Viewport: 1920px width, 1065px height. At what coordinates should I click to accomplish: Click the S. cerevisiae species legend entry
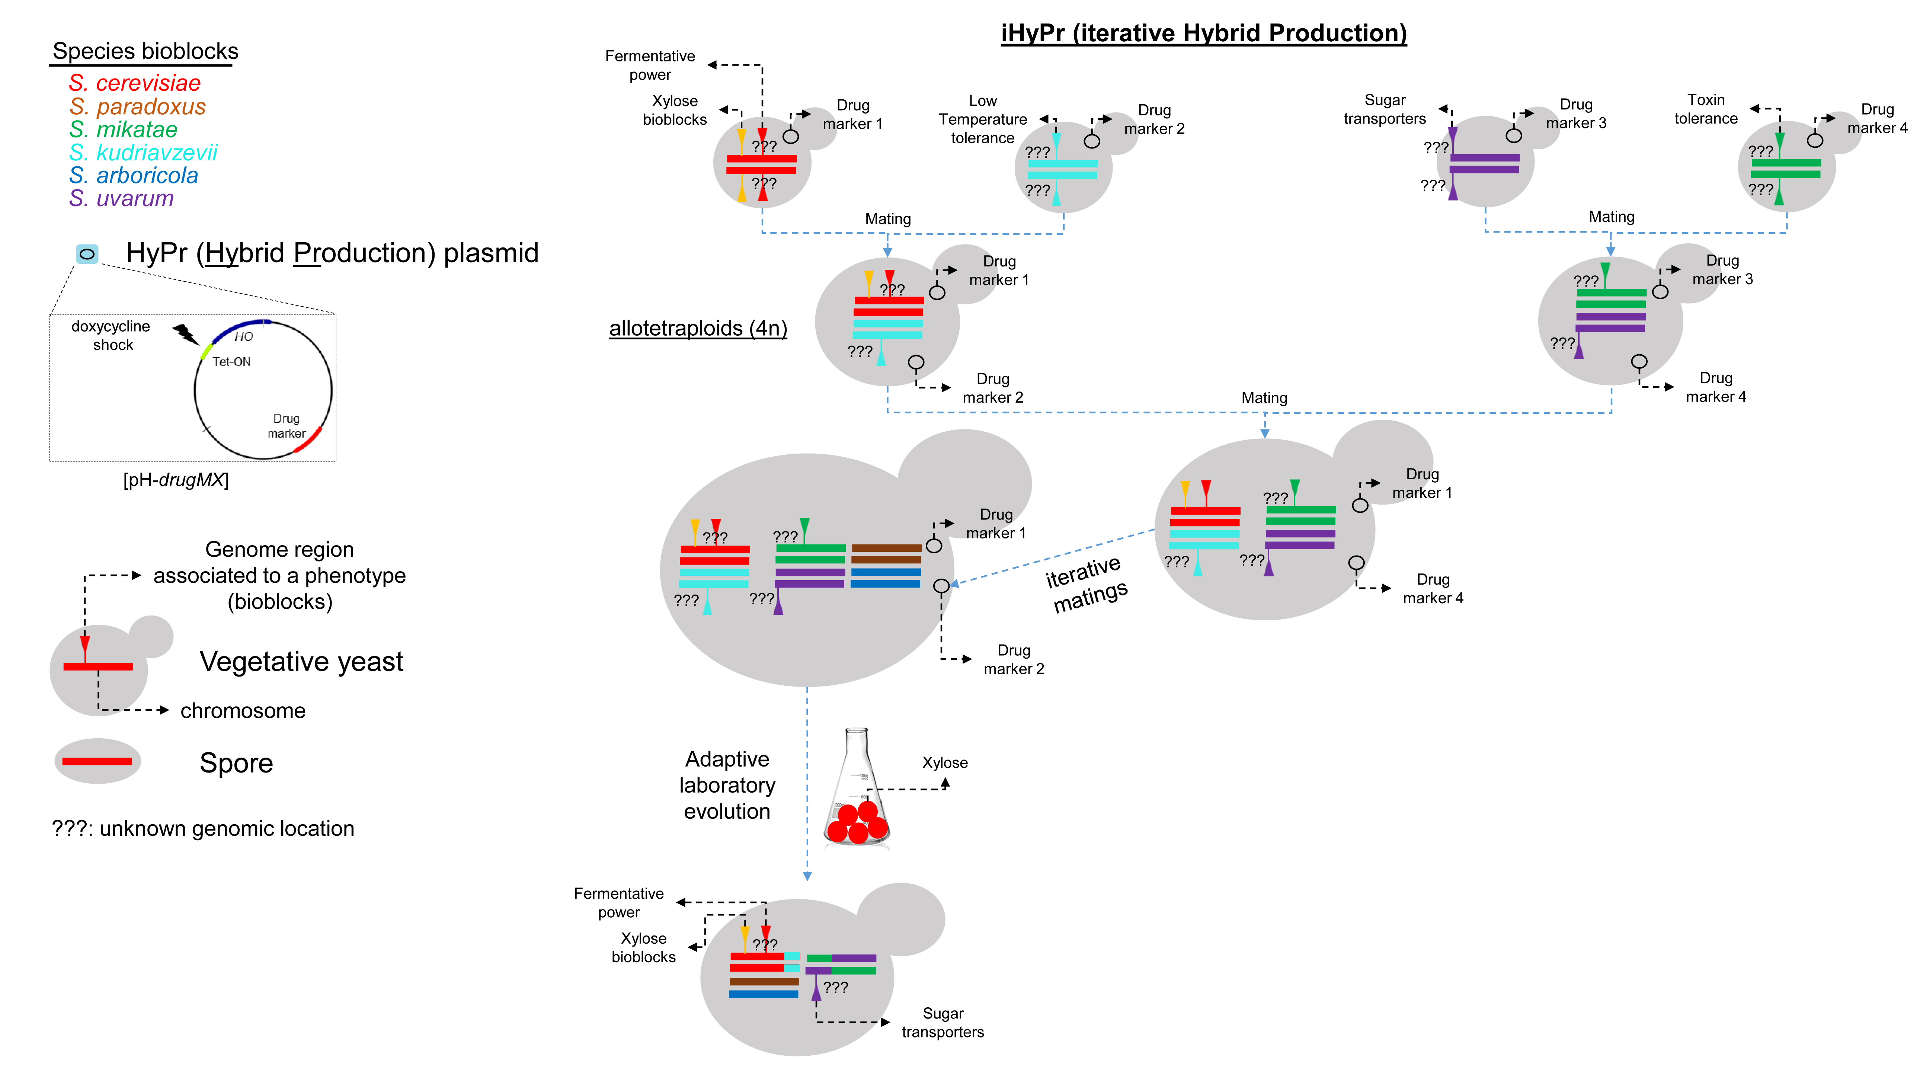point(135,83)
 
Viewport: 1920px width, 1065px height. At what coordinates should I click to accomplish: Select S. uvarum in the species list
point(122,198)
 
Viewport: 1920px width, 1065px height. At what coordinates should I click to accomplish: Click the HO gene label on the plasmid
point(244,337)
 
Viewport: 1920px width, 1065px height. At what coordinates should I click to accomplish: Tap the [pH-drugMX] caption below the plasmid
point(176,480)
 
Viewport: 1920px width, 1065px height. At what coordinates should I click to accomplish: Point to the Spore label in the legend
point(236,763)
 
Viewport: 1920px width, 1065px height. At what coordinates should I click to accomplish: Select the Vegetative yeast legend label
point(301,662)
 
